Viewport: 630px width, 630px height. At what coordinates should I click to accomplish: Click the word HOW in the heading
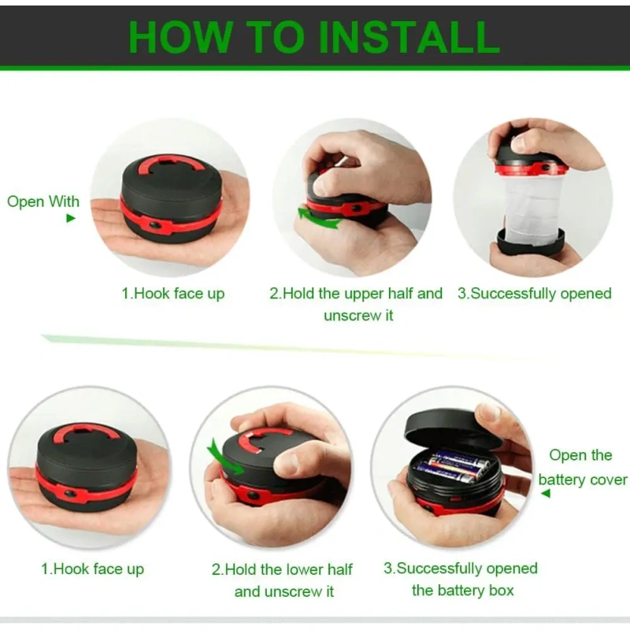pyautogui.click(x=180, y=36)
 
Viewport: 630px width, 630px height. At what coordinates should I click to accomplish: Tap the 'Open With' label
pyautogui.click(x=43, y=202)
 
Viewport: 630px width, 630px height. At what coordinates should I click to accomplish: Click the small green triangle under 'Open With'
pyautogui.click(x=71, y=218)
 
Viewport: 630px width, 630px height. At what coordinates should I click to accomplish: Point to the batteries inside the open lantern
pyautogui.click(x=452, y=467)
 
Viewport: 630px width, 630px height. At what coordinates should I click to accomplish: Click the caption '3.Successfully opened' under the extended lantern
pyautogui.click(x=535, y=294)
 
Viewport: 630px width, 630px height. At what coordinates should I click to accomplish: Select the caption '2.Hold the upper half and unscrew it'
pyautogui.click(x=357, y=304)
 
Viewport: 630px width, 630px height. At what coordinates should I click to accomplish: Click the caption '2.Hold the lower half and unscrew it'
pyautogui.click(x=283, y=580)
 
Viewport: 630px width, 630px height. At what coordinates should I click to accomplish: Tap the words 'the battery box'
pyautogui.click(x=463, y=590)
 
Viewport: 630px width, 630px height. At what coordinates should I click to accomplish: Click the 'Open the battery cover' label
pyautogui.click(x=582, y=467)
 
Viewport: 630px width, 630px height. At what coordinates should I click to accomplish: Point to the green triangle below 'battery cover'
pyautogui.click(x=545, y=493)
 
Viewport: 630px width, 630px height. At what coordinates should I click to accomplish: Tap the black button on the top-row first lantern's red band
pyautogui.click(x=155, y=226)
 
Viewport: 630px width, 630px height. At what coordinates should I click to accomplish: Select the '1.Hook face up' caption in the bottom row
pyautogui.click(x=92, y=569)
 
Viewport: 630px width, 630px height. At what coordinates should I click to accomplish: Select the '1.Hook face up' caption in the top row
pyautogui.click(x=173, y=294)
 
